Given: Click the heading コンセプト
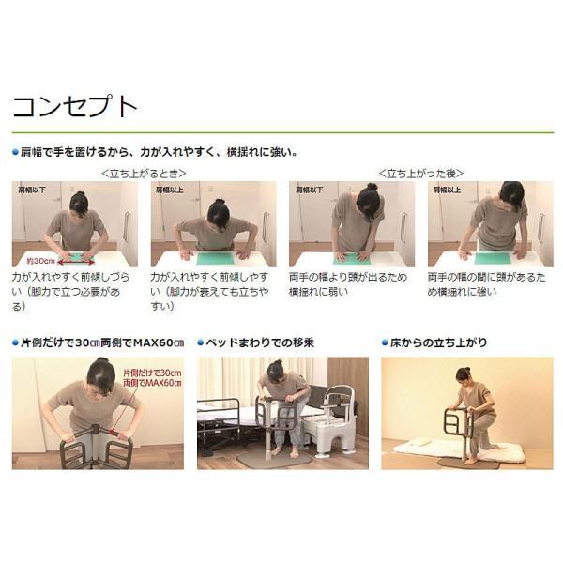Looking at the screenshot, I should [75, 105].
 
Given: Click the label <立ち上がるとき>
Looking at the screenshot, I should [144, 173].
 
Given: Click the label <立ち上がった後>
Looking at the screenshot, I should [420, 173].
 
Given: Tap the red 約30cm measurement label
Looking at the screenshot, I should [39, 258].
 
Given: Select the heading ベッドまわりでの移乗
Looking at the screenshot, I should [260, 342].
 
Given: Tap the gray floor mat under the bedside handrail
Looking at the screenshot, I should [267, 459].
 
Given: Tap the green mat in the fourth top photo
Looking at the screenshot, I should [492, 257].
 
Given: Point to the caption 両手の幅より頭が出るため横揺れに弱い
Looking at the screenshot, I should [347, 284].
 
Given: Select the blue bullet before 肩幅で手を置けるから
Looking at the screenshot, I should [15, 151].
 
